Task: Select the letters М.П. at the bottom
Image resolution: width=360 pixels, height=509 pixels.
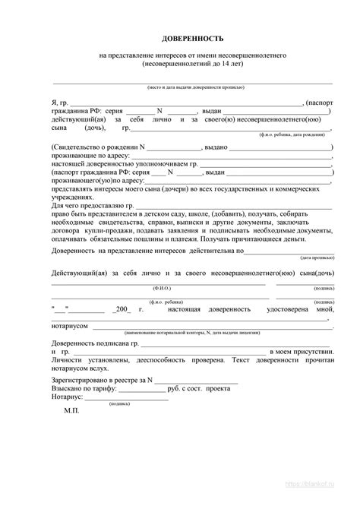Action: (71, 409)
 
